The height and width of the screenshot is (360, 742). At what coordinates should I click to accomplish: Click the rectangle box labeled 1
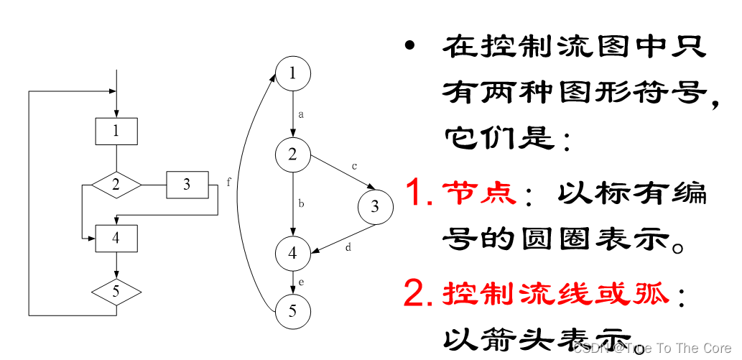pos(116,131)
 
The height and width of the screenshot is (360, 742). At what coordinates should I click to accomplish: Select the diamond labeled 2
pos(116,185)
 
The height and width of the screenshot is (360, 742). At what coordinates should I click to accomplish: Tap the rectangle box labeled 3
pos(187,185)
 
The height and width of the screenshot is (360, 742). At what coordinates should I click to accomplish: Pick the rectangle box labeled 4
pos(116,238)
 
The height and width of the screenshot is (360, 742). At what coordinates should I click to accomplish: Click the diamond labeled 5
pos(116,292)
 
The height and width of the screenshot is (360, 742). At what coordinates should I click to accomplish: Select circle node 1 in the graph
pos(292,73)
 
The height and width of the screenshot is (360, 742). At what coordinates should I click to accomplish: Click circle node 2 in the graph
pos(292,154)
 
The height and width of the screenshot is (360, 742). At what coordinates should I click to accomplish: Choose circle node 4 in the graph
pos(292,252)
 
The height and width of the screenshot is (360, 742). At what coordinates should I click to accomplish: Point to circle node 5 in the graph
pos(292,311)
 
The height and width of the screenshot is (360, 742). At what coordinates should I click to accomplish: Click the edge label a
pos(301,114)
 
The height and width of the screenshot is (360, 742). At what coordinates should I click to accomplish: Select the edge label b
pos(301,204)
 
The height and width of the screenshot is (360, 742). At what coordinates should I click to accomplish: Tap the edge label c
pos(354,167)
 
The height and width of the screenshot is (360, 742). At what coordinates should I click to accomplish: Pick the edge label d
pos(348,248)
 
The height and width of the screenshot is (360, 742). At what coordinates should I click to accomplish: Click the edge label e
pos(301,282)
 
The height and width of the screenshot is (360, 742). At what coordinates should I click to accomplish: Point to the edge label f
pos(229,182)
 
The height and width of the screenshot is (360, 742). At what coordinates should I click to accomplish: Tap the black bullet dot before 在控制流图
pos(410,46)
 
